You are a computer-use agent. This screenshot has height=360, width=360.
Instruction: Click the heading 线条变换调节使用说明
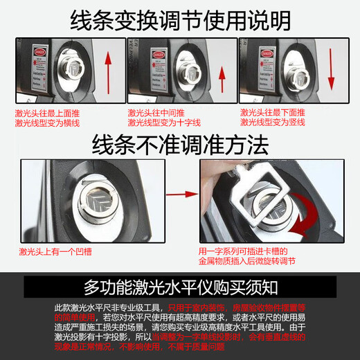[x=180, y=21]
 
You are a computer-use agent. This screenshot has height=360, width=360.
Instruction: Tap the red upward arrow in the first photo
[x=108, y=69]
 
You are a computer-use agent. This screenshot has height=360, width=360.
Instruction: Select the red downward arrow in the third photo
[x=332, y=69]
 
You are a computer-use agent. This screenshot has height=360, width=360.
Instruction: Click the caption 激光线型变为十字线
[x=161, y=123]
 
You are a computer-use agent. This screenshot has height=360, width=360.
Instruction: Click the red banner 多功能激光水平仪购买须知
[x=180, y=287]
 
